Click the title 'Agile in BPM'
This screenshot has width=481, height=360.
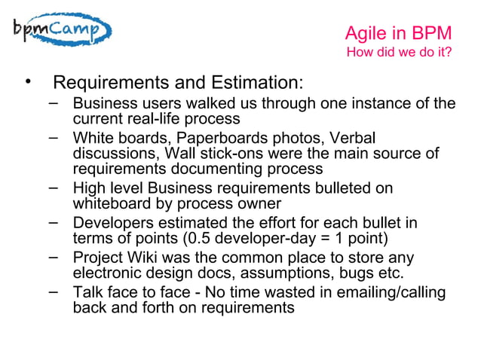[x=397, y=33]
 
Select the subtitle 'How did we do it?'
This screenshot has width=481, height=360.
[x=398, y=53]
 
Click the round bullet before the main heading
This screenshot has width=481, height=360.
[x=28, y=81]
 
